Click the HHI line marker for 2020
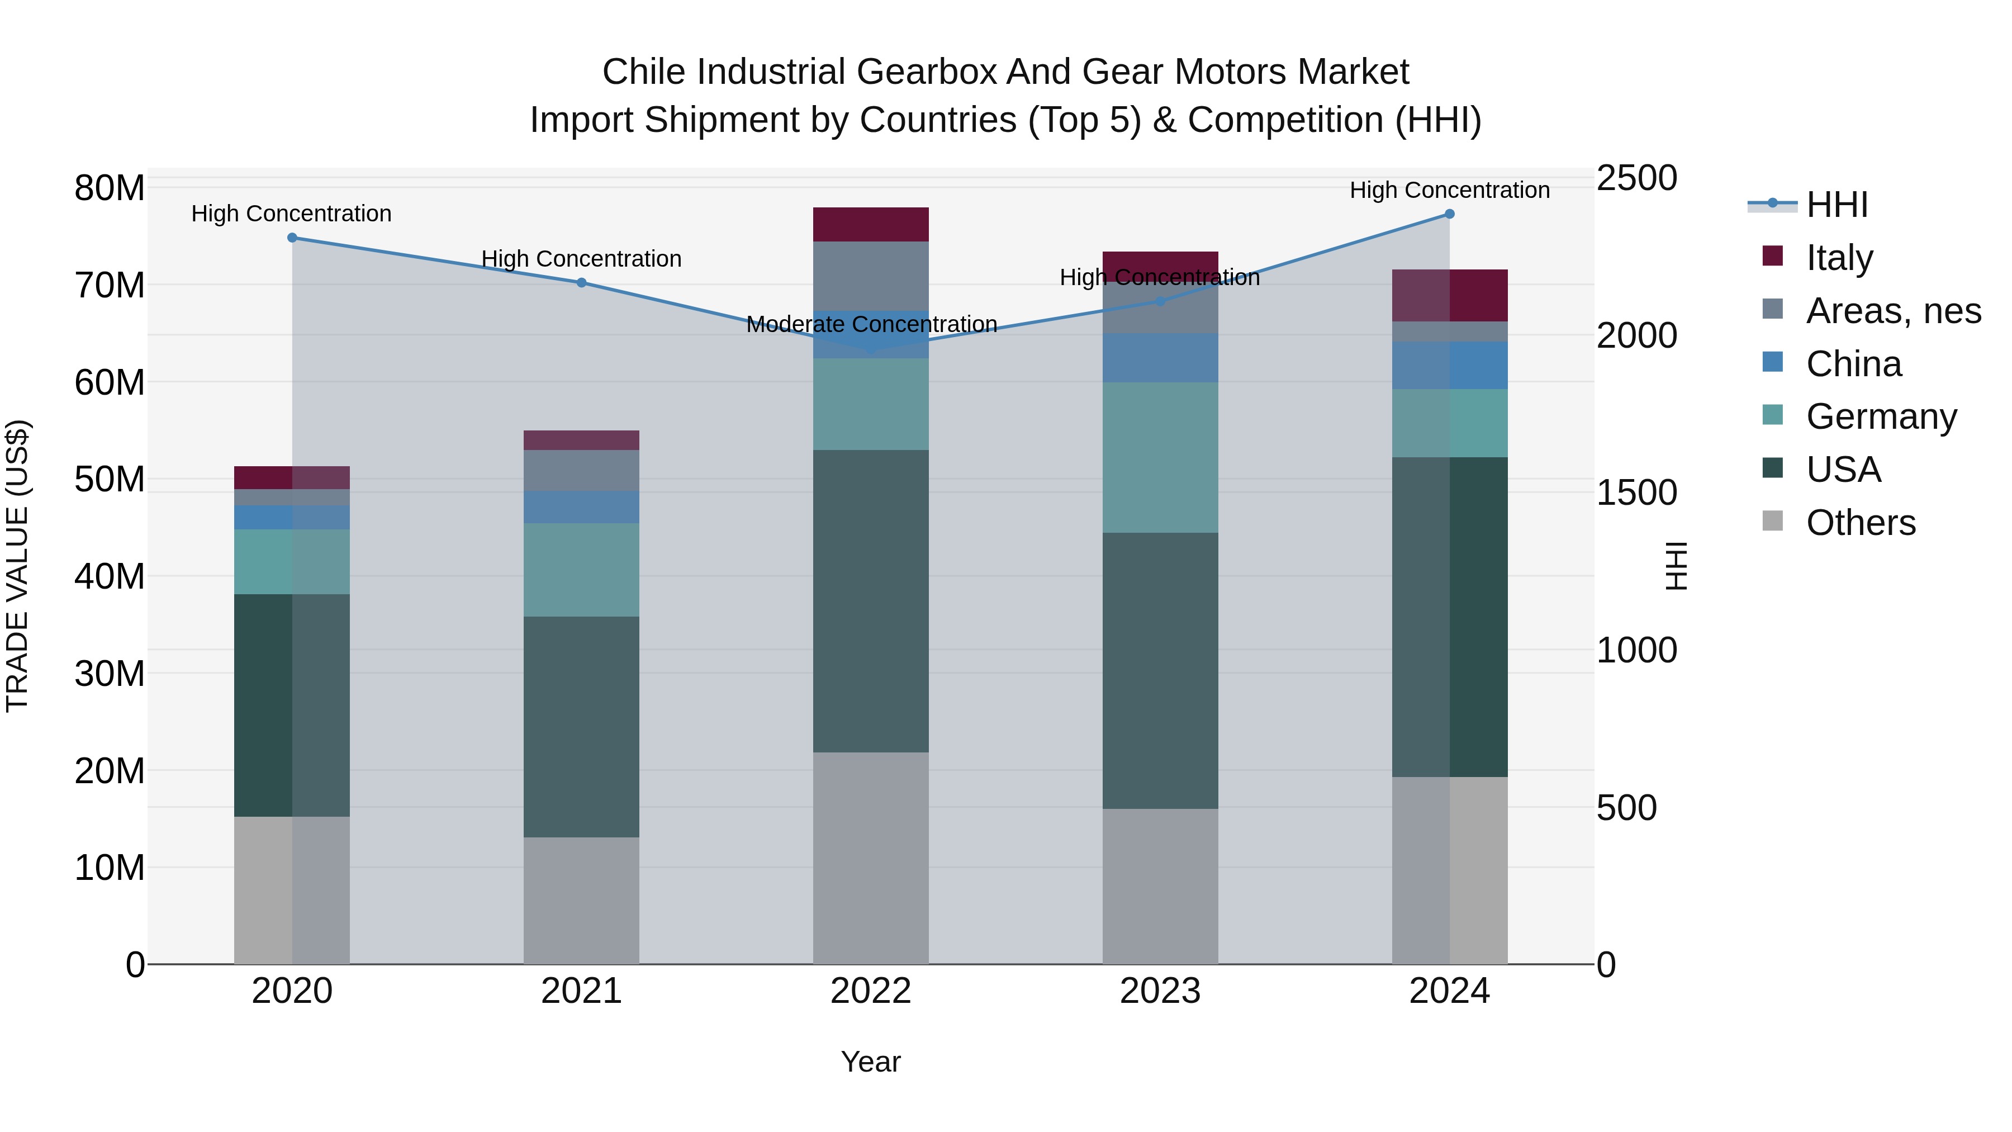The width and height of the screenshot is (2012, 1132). [x=292, y=238]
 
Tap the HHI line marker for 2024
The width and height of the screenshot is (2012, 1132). [x=1450, y=214]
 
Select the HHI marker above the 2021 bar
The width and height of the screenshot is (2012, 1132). [x=582, y=283]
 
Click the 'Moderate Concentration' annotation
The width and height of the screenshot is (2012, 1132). [x=872, y=324]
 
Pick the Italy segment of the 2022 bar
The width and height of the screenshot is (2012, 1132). [x=871, y=225]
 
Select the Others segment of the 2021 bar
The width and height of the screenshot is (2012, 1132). [x=582, y=900]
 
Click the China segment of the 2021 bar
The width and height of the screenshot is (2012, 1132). [x=582, y=507]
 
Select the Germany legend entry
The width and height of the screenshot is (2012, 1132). [x=1881, y=416]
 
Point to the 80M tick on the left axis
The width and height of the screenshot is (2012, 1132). [x=110, y=188]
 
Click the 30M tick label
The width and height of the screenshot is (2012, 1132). [x=110, y=674]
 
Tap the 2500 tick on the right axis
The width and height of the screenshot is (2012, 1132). [x=1636, y=178]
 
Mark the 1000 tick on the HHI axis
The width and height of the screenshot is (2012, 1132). [x=1636, y=650]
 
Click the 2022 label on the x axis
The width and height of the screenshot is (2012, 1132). [x=871, y=991]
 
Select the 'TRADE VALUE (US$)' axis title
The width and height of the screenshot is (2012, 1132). [x=18, y=566]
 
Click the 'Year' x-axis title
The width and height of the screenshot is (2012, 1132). [x=871, y=1062]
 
